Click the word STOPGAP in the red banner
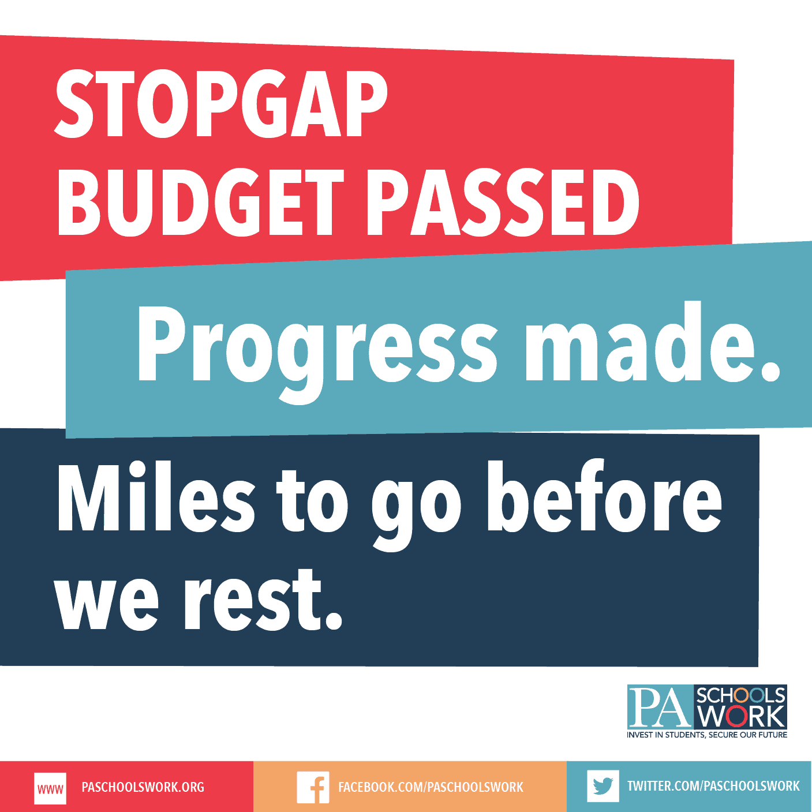tap(221, 104)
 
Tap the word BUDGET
tap(201, 202)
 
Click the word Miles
tap(156, 496)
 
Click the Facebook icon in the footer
tap(313, 787)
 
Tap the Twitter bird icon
tap(603, 786)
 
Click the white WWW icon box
tap(50, 788)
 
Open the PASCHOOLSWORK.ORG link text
tap(143, 787)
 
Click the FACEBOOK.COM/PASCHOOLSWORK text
tap(431, 787)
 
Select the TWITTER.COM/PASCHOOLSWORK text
tap(713, 786)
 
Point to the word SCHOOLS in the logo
tap(741, 695)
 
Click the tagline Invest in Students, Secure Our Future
tap(707, 735)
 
